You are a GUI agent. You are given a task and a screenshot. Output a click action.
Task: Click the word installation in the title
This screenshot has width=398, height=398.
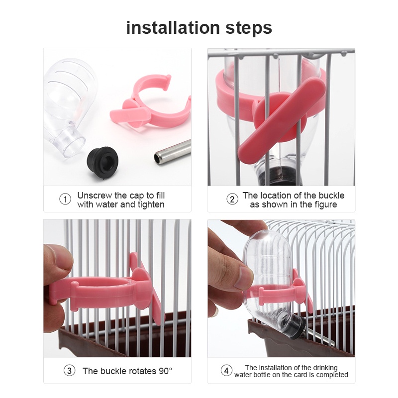pyautogui.click(x=173, y=28)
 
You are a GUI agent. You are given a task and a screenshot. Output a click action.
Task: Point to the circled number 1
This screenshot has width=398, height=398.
pyautogui.click(x=65, y=199)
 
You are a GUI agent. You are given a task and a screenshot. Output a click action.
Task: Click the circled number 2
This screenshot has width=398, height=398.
pyautogui.click(x=232, y=199)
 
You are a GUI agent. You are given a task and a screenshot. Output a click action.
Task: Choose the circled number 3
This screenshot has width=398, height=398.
pyautogui.click(x=69, y=371)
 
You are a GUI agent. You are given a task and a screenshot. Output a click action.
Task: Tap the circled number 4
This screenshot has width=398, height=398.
pyautogui.click(x=226, y=371)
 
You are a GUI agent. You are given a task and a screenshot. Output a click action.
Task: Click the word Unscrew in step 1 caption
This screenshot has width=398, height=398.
pyautogui.click(x=95, y=196)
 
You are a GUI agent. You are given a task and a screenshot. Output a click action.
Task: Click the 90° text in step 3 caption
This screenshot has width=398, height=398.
pyautogui.click(x=165, y=371)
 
